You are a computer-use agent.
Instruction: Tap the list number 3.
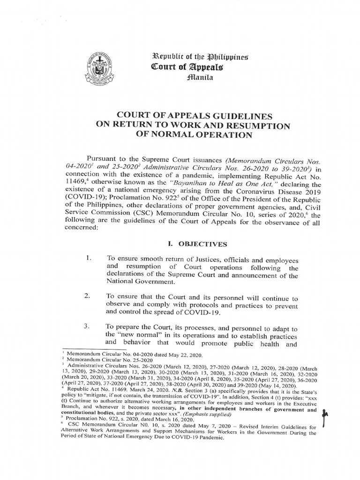pyautogui.click(x=87, y=327)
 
